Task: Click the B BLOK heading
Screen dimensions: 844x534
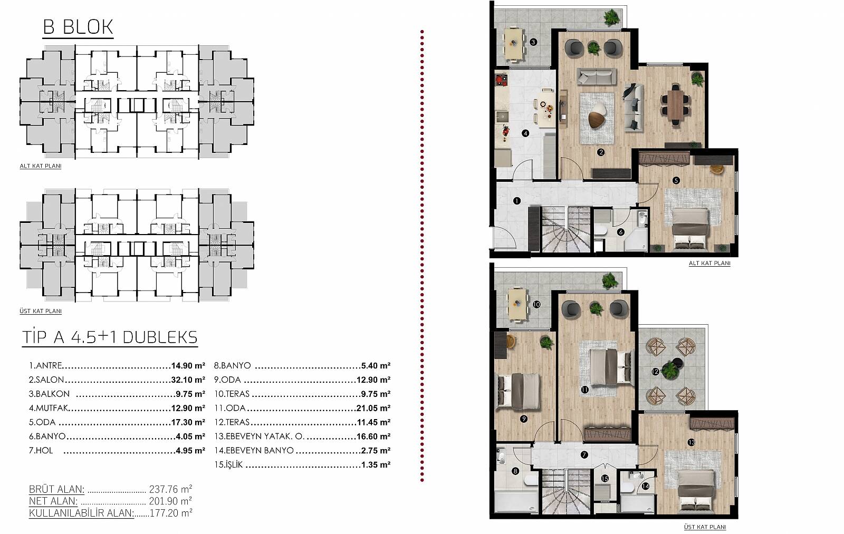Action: (x=78, y=27)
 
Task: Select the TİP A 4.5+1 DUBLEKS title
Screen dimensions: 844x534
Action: (x=110, y=337)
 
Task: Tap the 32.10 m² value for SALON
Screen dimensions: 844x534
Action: (x=188, y=380)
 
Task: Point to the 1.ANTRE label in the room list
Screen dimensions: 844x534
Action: (x=45, y=365)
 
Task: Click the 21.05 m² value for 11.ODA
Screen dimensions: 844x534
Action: (x=373, y=408)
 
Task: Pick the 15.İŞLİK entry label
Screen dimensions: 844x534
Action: (x=228, y=464)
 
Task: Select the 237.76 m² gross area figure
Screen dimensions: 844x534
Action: (x=171, y=489)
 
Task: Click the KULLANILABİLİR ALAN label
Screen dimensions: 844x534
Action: (x=81, y=513)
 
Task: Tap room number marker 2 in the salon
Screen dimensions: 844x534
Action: (x=601, y=152)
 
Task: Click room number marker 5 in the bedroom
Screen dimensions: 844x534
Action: (x=676, y=181)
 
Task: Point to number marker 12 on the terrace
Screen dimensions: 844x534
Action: (x=655, y=372)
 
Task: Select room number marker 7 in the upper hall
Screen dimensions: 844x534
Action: (x=584, y=455)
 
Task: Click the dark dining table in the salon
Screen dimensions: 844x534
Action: (x=676, y=105)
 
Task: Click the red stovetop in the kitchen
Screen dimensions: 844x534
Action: (x=501, y=81)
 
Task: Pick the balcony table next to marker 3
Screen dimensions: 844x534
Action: (x=514, y=43)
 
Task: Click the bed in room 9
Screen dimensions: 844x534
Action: (x=519, y=391)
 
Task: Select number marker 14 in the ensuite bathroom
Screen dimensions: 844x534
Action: (x=646, y=486)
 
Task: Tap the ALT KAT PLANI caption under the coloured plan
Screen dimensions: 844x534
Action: (x=709, y=263)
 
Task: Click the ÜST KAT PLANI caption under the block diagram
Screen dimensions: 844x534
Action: (x=41, y=311)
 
